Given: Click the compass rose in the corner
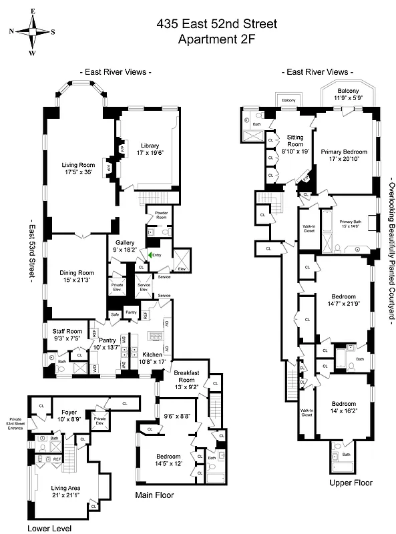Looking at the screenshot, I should [x=32, y=31].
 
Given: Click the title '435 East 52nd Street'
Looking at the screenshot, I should [x=216, y=25].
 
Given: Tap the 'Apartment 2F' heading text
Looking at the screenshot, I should [x=216, y=39].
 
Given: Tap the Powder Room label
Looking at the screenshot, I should [x=162, y=215].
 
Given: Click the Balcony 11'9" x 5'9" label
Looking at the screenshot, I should [x=348, y=94].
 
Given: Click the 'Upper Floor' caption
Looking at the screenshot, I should [x=351, y=483].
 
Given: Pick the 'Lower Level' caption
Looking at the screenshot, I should [x=49, y=528].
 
